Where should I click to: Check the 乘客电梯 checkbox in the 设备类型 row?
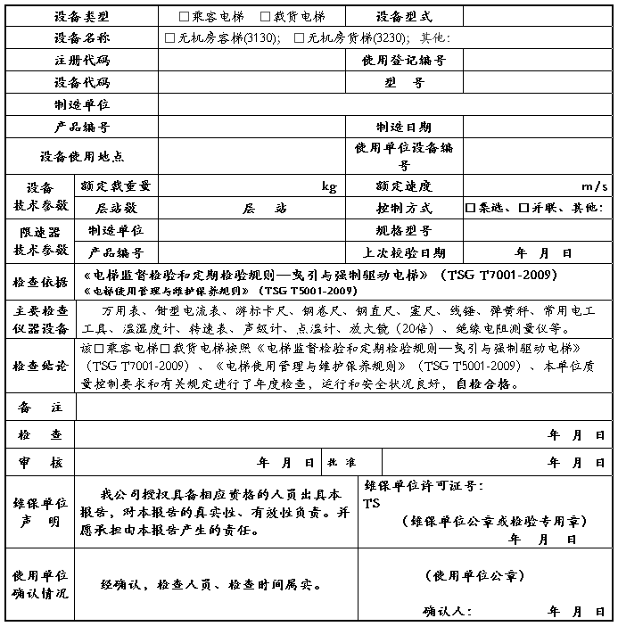pos(185,17)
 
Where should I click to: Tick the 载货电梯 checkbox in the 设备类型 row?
pos(265,17)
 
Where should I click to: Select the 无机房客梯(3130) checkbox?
pos(170,38)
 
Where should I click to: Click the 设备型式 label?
pos(404,17)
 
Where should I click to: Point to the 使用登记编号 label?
pos(404,61)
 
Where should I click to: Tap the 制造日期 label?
pos(404,128)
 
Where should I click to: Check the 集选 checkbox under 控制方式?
pos(470,209)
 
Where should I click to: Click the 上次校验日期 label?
pos(404,253)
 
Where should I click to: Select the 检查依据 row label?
pos(40,283)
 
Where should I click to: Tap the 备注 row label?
pos(40,407)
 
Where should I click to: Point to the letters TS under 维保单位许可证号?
pos(372,504)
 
